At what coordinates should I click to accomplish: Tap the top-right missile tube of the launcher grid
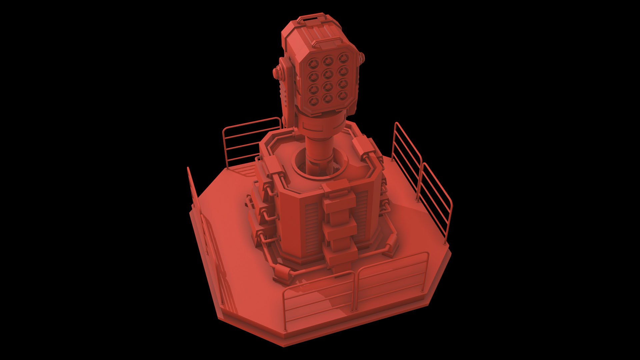pos(343,59)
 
